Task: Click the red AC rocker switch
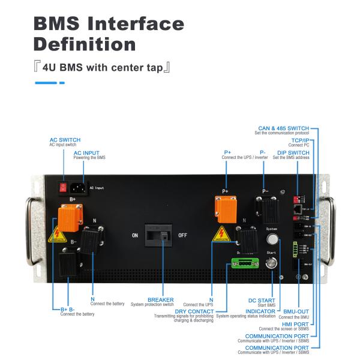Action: click(61, 187)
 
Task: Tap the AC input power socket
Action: click(78, 187)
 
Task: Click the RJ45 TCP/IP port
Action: click(297, 211)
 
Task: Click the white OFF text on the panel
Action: click(182, 235)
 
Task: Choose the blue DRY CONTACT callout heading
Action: click(194, 311)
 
